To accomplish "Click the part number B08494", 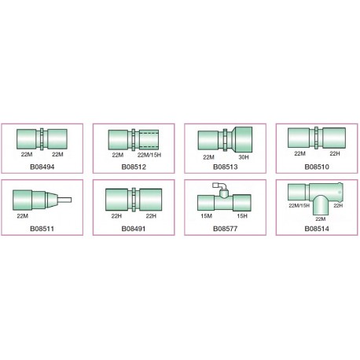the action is pos(42,167).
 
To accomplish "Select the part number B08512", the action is pos(134,167).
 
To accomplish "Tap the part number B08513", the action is pos(226,167).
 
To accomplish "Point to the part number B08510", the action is pos(317,167).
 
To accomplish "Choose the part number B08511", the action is pos(42,229).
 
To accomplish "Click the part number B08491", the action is pos(134,229).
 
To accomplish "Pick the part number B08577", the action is pos(226,229).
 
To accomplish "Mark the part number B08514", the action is pos(317,229).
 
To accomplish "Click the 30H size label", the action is pos(244,157).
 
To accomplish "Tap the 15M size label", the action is pos(207,216).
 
